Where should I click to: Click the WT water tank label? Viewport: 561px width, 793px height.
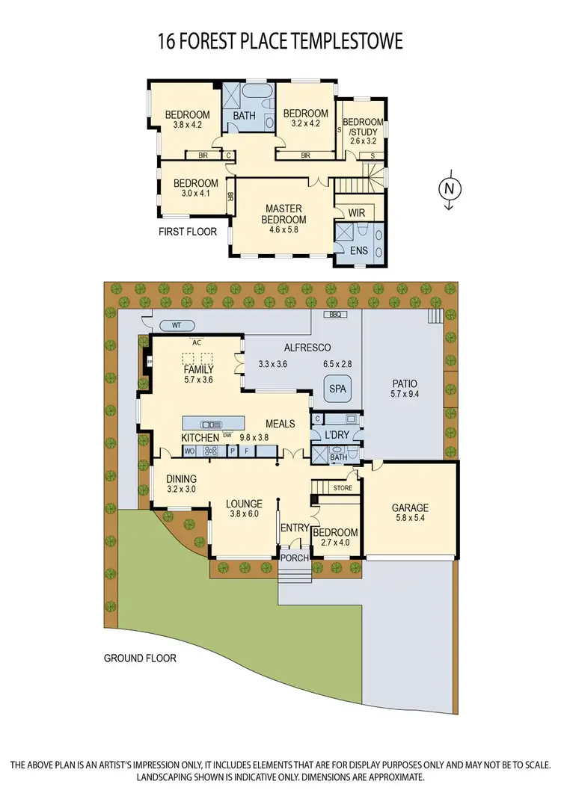click(177, 326)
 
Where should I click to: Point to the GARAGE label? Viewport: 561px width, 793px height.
click(411, 508)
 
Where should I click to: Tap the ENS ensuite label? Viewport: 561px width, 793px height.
click(358, 250)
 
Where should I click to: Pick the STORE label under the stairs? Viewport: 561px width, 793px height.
click(343, 488)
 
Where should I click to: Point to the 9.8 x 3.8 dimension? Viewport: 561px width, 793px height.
click(254, 437)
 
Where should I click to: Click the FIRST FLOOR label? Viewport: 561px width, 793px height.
click(188, 232)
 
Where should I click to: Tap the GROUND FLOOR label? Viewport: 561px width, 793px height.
click(140, 658)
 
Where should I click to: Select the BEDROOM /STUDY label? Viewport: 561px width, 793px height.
click(362, 127)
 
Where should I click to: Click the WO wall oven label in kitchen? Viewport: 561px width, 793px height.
click(190, 451)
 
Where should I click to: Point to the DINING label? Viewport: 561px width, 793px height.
click(181, 479)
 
